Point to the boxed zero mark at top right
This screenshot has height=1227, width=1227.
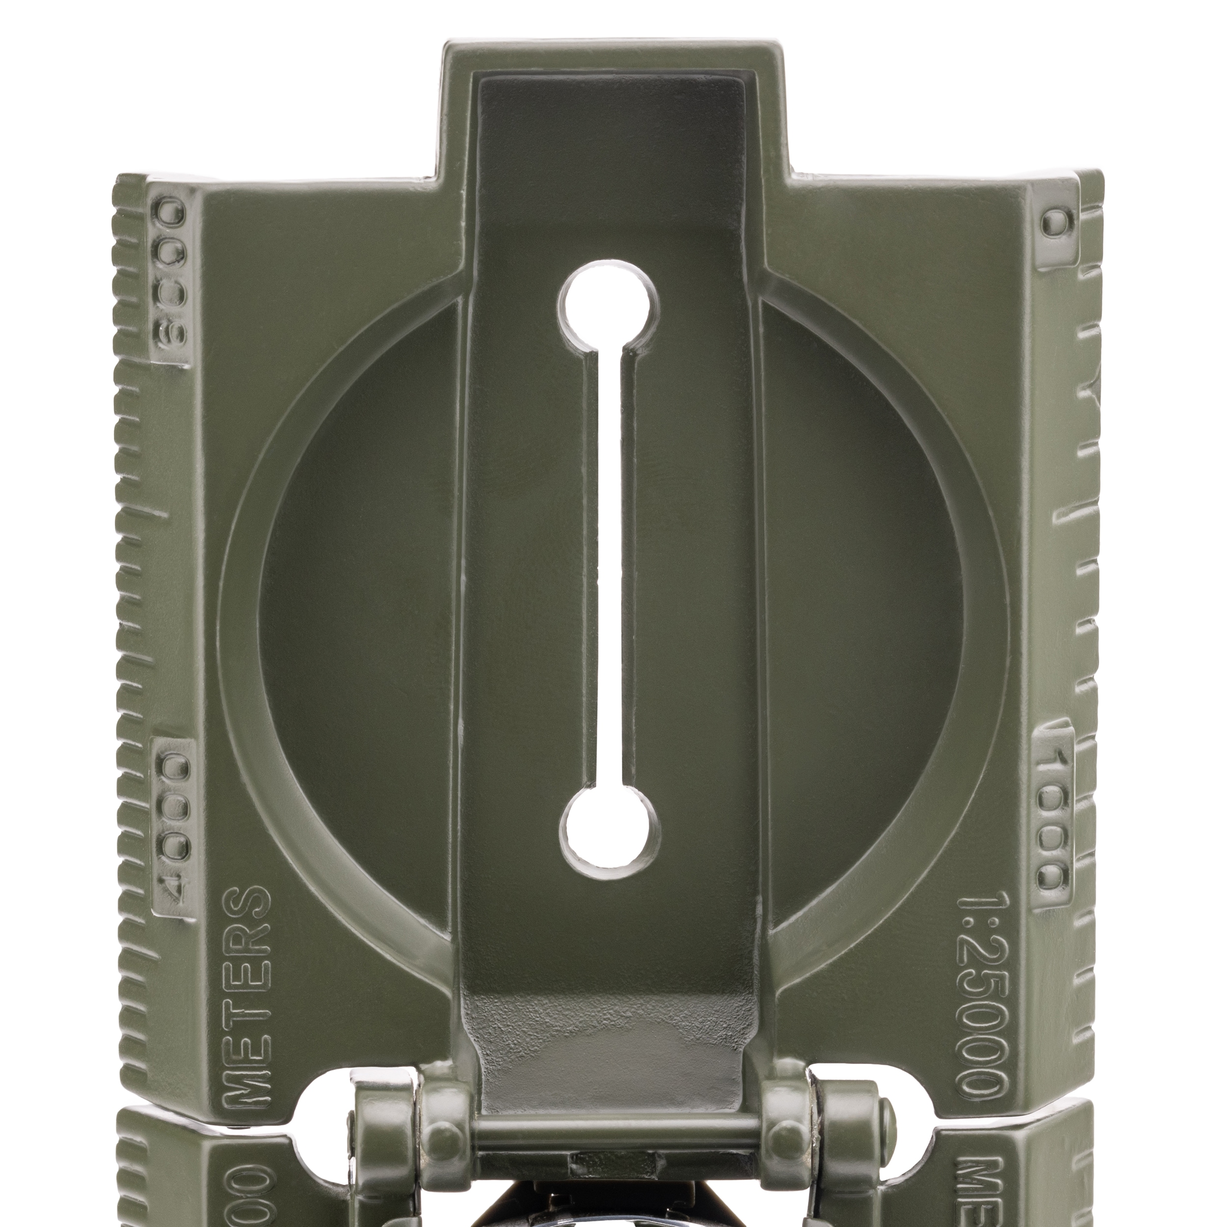[1056, 223]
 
